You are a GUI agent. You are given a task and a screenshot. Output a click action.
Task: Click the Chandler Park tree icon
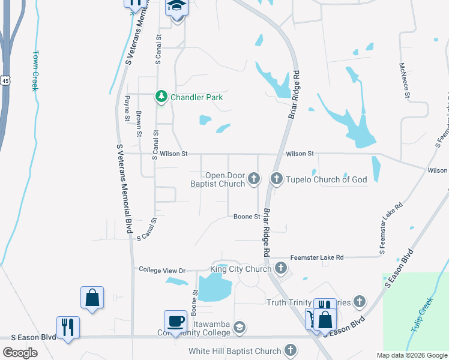coord(161,97)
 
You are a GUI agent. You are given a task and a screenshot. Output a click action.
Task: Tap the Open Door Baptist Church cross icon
coord(255,178)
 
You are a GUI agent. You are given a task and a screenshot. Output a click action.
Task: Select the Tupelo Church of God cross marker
coord(277,178)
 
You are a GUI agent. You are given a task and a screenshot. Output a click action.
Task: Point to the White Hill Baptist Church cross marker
coord(290,350)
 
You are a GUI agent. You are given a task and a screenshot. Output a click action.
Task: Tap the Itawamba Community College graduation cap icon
coord(239,327)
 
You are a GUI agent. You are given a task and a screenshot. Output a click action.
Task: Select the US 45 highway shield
coord(5,80)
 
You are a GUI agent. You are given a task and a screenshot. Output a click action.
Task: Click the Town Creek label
coord(35,70)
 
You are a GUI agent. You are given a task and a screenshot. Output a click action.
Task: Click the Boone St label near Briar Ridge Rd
coord(246,217)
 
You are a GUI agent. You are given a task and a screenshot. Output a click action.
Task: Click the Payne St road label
coord(127,109)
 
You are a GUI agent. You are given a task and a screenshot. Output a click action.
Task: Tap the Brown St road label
coord(139,124)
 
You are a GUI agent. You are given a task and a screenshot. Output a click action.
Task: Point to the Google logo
coord(20,353)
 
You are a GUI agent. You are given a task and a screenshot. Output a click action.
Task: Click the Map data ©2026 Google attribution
coord(412,355)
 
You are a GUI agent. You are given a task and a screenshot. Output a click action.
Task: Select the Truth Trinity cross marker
coord(359,302)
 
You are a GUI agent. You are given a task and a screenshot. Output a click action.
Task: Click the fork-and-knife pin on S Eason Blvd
coord(67,328)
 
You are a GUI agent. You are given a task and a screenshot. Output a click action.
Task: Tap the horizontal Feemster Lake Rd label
coord(316,257)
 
